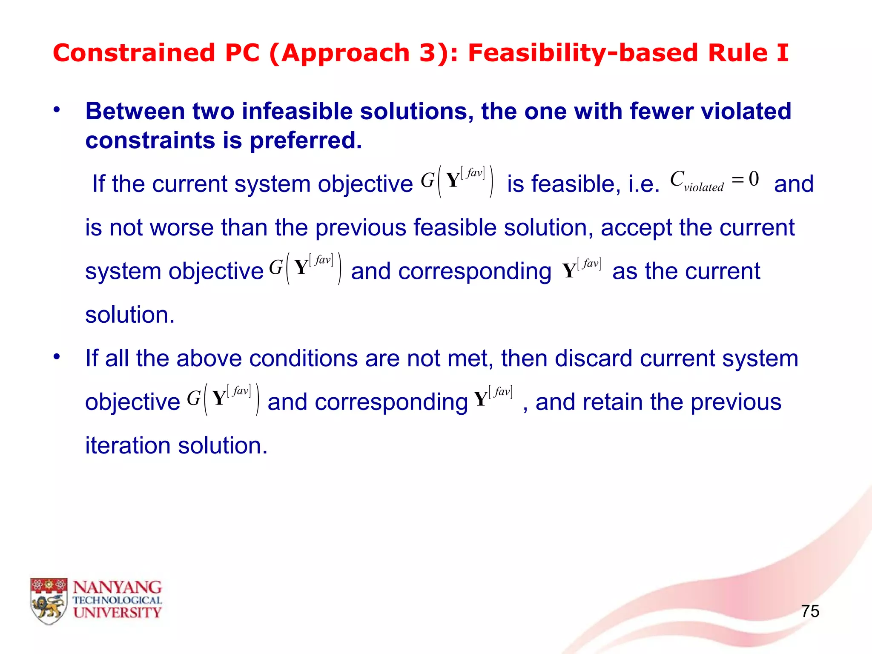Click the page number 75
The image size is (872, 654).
click(810, 611)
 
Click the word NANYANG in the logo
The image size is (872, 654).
click(117, 588)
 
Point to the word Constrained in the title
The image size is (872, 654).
click(134, 53)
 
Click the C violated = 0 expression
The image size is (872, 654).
click(714, 181)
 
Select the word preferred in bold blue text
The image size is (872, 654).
click(305, 141)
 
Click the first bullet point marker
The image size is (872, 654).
click(57, 110)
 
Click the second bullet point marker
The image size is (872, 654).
click(57, 357)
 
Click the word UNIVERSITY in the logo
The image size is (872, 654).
click(117, 613)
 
